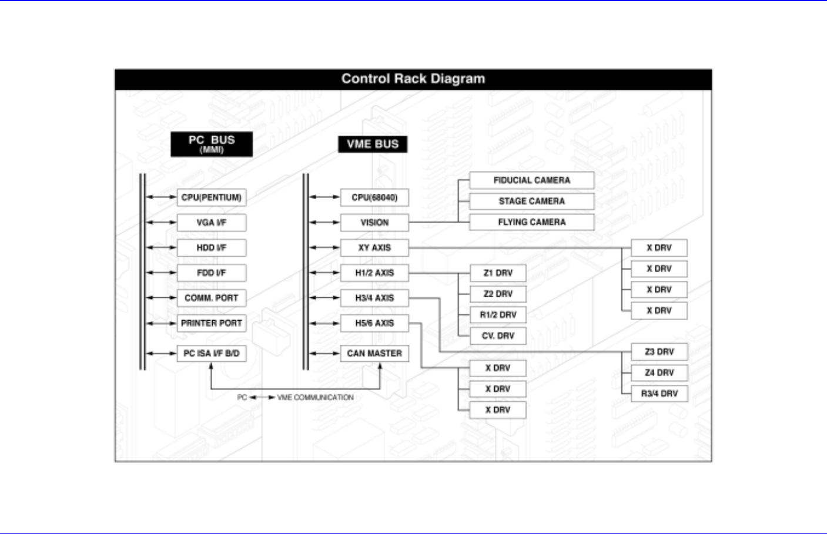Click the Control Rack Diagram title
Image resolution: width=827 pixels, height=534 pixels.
click(413, 79)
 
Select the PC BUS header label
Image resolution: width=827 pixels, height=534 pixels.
click(212, 144)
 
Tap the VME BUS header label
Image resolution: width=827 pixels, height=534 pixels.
click(373, 144)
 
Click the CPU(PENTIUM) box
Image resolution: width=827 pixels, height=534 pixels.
click(212, 197)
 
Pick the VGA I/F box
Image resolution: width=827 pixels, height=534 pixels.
click(212, 223)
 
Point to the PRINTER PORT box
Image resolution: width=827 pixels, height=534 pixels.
click(212, 323)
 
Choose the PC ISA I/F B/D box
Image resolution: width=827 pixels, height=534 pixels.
click(212, 353)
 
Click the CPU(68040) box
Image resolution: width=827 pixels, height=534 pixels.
click(374, 197)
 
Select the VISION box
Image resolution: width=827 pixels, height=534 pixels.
click(374, 223)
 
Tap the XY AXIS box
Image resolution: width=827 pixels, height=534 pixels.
click(374, 248)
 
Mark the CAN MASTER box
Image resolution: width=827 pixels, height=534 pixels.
click(374, 353)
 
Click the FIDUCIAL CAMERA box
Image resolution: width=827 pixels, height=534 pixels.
click(531, 180)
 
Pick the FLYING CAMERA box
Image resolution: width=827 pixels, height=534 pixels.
click(531, 222)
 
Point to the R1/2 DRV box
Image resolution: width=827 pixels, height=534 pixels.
click(498, 315)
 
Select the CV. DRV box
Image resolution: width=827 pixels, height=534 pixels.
click(498, 336)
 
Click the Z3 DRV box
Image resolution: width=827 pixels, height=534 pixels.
click(659, 352)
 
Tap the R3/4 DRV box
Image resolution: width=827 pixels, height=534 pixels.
click(659, 394)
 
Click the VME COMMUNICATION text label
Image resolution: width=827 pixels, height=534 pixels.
click(315, 398)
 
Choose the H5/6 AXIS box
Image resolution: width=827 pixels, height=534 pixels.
click(374, 323)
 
